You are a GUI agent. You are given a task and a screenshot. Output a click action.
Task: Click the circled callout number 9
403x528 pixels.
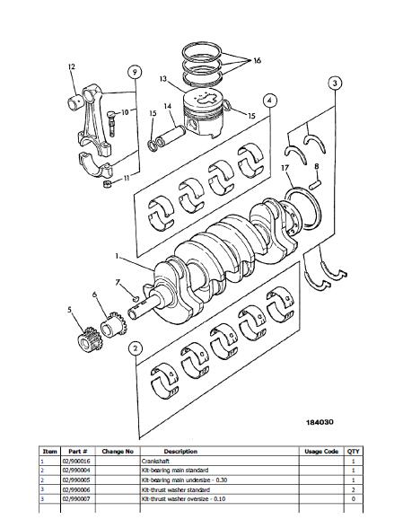pyautogui.click(x=135, y=72)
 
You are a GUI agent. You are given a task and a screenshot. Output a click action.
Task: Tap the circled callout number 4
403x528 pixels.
pyautogui.click(x=269, y=101)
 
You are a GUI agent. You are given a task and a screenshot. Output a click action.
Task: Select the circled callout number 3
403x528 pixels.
pyautogui.click(x=335, y=83)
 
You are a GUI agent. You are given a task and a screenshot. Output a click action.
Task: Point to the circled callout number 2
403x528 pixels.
pyautogui.click(x=135, y=348)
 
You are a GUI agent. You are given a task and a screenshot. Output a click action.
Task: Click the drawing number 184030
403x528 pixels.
pyautogui.click(x=320, y=422)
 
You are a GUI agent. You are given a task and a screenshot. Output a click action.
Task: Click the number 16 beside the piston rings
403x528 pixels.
pyautogui.click(x=257, y=61)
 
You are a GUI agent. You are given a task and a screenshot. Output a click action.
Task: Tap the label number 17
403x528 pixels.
pyautogui.click(x=285, y=167)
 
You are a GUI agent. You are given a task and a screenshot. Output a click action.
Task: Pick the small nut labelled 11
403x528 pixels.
pyautogui.click(x=108, y=184)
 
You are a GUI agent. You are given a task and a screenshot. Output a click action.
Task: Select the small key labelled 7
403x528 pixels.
pyautogui.click(x=135, y=298)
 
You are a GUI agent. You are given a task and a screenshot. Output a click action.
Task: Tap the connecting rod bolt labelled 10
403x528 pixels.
pyautogui.click(x=111, y=124)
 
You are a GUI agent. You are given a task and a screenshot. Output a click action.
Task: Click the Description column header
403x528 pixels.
pyautogui.click(x=180, y=451)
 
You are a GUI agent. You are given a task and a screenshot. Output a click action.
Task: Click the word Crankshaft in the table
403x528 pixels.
pyautogui.click(x=155, y=461)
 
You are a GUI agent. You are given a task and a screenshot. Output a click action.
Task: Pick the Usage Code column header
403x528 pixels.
pyautogui.click(x=321, y=451)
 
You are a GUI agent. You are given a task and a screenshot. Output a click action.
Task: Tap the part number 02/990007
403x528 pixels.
pyautogui.click(x=76, y=498)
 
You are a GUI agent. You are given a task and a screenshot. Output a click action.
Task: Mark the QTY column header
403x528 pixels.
pyautogui.click(x=353, y=451)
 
